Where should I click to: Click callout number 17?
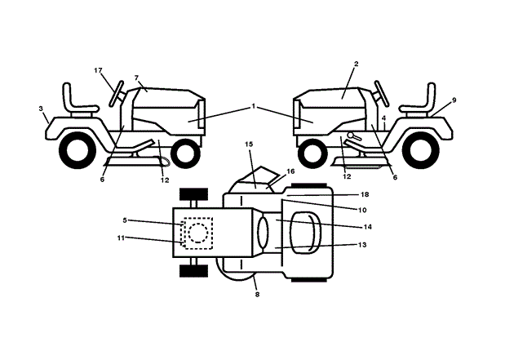click(98, 71)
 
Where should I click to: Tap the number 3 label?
click(42, 107)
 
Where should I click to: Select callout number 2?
click(357, 64)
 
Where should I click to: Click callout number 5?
click(125, 220)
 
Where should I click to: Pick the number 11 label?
click(121, 238)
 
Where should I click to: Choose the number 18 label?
click(365, 195)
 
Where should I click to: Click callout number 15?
click(250, 144)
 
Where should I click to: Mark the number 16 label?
click(290, 172)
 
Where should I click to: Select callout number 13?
click(363, 245)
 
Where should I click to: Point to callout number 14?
click(367, 226)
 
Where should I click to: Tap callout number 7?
click(137, 78)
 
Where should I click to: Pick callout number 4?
click(383, 118)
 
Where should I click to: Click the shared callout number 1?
click(254, 107)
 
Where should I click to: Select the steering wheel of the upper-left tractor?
click(117, 91)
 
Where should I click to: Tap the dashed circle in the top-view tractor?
click(197, 233)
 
